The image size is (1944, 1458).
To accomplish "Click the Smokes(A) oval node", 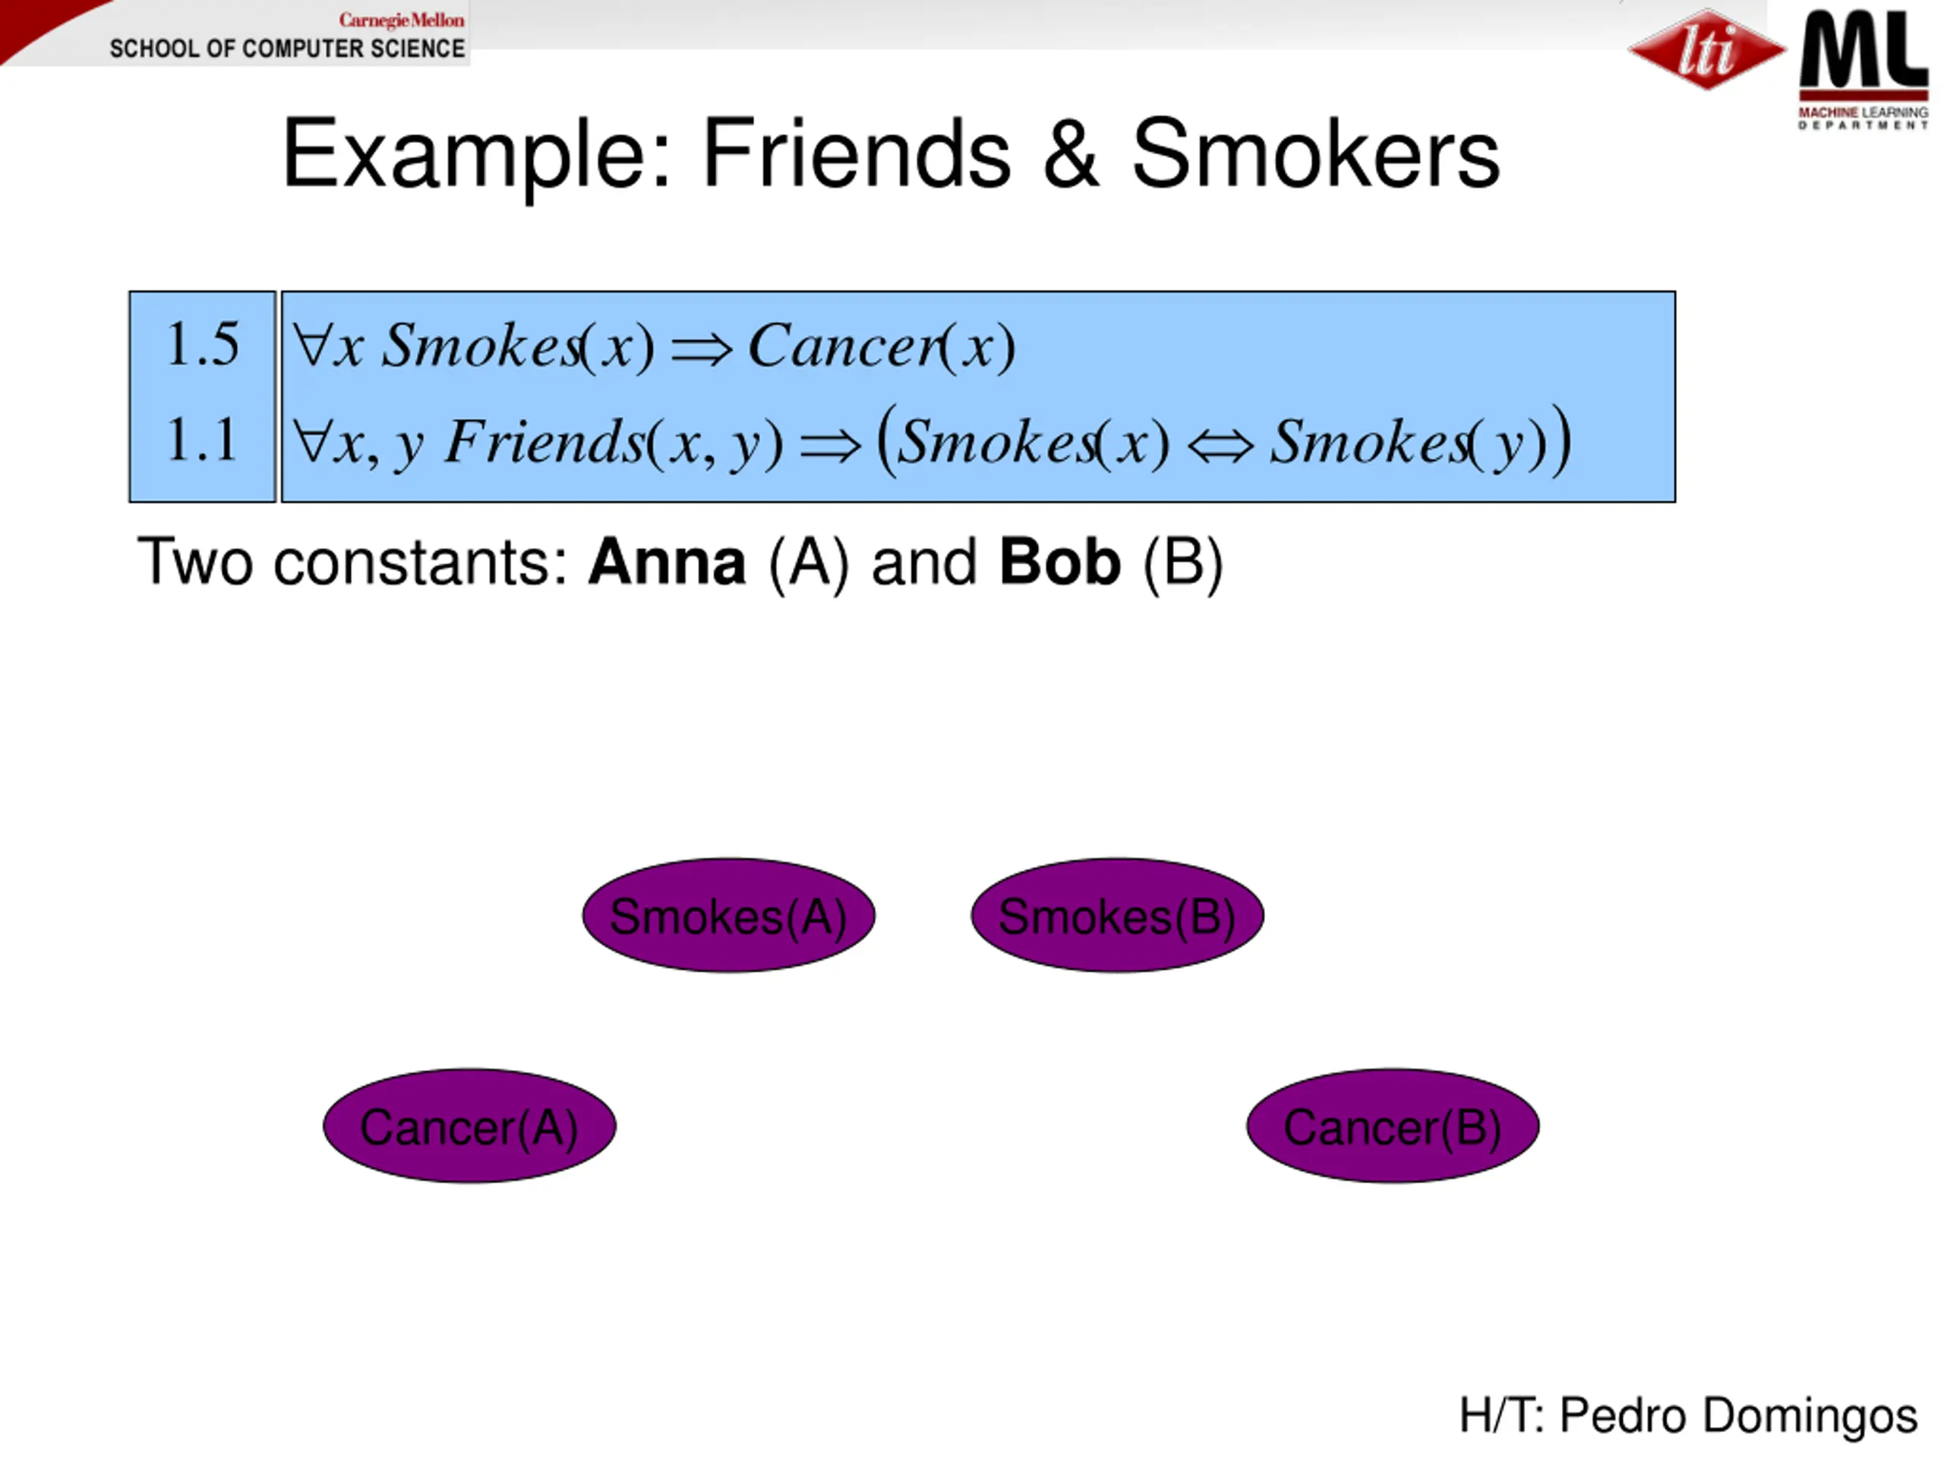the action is (727, 916).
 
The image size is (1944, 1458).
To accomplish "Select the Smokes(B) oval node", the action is (1117, 916).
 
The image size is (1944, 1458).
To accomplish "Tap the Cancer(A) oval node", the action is (469, 1126).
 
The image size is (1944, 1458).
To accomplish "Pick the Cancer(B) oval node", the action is (1392, 1126).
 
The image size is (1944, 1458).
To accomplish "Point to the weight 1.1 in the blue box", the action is (202, 440).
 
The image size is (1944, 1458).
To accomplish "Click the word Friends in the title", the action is (856, 155).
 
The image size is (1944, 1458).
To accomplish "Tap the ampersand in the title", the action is (1071, 155).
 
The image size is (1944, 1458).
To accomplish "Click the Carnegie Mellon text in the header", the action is (402, 19).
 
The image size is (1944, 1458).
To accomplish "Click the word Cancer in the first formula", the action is (844, 346).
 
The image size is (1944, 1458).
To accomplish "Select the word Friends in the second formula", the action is (545, 441).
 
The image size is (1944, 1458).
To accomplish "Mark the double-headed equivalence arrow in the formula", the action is (1220, 445).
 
